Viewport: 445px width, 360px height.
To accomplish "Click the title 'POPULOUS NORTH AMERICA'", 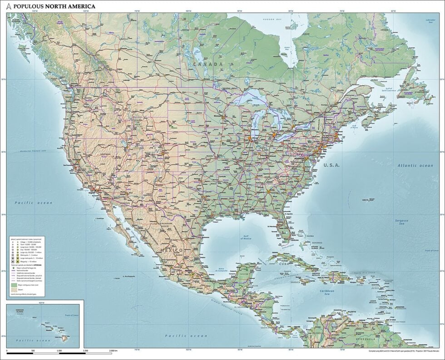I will tap(55, 6).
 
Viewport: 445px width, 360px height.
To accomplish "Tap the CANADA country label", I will tap(208, 64).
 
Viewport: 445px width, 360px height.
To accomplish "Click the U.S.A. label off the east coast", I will tap(331, 165).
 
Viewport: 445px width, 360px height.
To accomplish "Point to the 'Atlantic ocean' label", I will tap(415, 166).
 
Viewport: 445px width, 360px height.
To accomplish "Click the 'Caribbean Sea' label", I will tap(327, 292).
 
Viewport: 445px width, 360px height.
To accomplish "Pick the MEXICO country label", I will tap(168, 250).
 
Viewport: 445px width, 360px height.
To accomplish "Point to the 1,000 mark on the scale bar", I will tap(59, 351).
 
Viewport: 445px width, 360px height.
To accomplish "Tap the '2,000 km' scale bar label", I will tap(114, 351).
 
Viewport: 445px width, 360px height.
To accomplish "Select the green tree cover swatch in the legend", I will tap(13, 285).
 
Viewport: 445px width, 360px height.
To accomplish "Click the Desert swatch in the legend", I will tap(13, 290).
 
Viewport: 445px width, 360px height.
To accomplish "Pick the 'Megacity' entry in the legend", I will tap(25, 262).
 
